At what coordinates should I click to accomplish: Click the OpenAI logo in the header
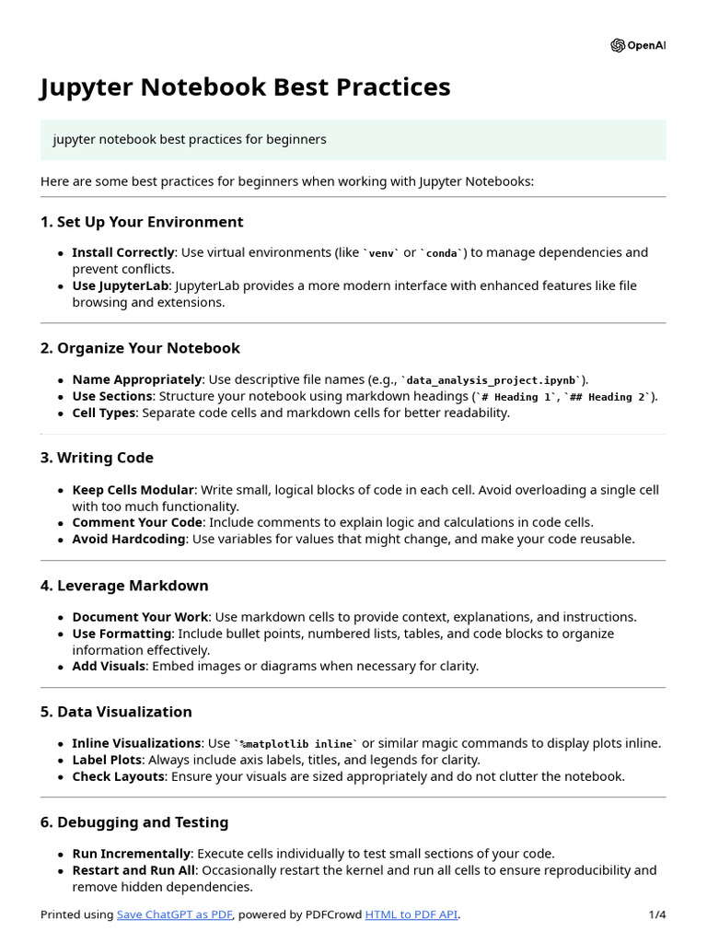[x=637, y=46]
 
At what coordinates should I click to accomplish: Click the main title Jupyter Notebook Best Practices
[x=245, y=87]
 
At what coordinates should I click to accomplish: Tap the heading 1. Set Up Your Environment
[x=141, y=222]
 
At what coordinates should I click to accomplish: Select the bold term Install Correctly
[x=122, y=252]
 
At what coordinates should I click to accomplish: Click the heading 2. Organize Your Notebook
[x=139, y=348]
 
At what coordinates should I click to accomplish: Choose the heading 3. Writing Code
[x=97, y=458]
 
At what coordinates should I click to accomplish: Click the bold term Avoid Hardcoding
[x=128, y=539]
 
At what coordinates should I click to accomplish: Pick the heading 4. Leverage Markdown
[x=124, y=586]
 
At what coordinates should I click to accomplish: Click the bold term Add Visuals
[x=109, y=666]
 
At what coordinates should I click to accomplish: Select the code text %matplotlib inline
[x=296, y=744]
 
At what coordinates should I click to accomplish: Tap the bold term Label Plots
[x=106, y=760]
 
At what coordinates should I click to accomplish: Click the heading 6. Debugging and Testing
[x=134, y=822]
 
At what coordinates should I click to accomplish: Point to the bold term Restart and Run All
[x=134, y=870]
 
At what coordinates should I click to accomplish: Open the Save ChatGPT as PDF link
[x=175, y=914]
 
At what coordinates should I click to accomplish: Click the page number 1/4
[x=656, y=914]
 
